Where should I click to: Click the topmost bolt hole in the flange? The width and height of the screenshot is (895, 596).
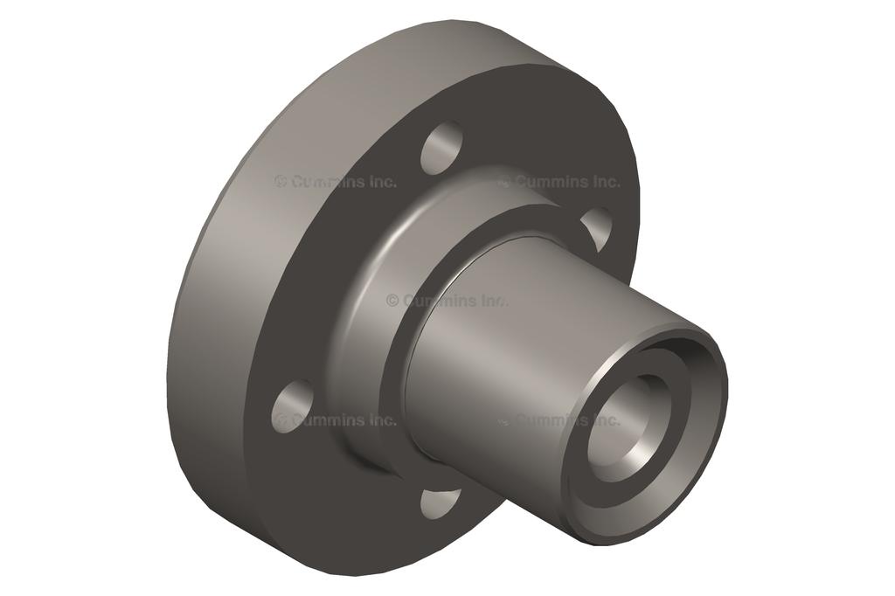[x=442, y=148]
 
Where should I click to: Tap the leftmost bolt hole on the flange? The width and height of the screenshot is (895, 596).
[x=292, y=406]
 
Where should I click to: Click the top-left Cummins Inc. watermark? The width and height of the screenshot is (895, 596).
[x=336, y=182]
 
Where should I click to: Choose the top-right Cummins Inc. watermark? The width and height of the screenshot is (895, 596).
[x=559, y=182]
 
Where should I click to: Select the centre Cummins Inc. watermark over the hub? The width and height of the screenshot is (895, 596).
[x=447, y=301]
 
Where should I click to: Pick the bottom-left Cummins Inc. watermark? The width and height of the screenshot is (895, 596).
[x=336, y=420]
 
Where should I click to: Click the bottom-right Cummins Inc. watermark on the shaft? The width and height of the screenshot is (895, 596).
[x=559, y=420]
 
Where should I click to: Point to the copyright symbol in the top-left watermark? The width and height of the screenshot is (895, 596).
[x=281, y=182]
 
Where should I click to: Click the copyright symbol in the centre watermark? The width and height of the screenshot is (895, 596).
[x=392, y=301]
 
